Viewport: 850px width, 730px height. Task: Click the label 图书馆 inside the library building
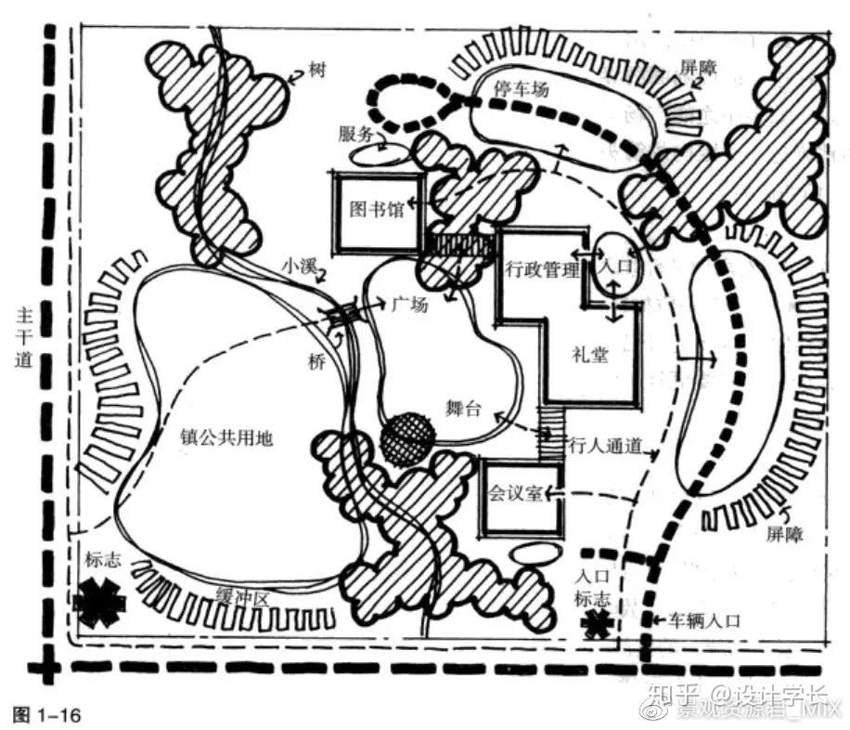click(376, 209)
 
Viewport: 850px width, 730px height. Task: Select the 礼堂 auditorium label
click(590, 354)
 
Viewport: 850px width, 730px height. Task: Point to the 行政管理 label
click(542, 270)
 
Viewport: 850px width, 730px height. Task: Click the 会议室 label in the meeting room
click(514, 493)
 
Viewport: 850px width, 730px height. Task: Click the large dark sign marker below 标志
click(99, 602)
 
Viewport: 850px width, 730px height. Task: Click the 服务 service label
click(355, 133)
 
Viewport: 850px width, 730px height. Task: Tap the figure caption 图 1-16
click(47, 714)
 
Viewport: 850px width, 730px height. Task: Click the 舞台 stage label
click(463, 410)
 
